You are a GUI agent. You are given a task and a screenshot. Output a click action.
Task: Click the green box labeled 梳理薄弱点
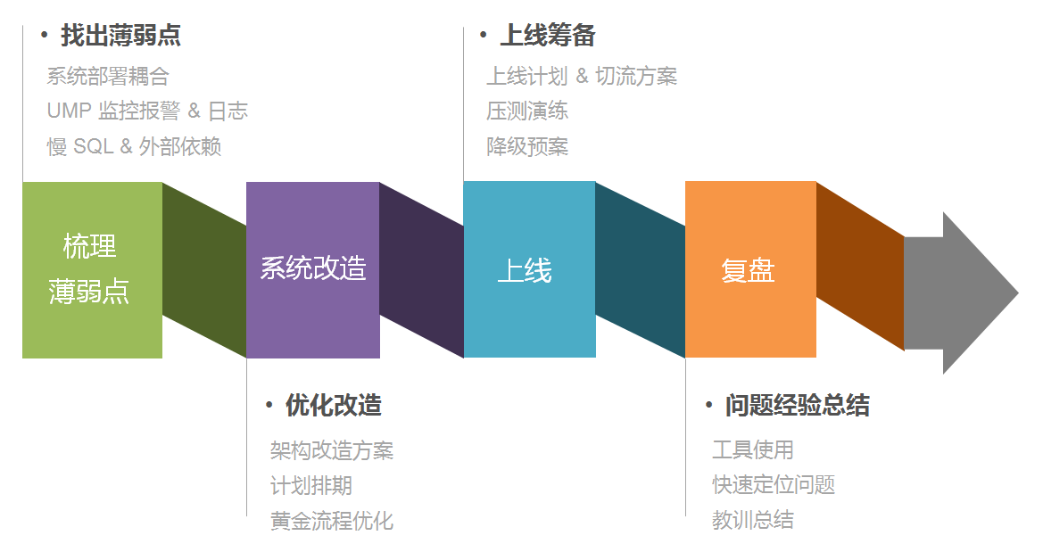click(92, 269)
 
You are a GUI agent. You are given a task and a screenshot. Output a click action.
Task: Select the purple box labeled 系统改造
click(312, 269)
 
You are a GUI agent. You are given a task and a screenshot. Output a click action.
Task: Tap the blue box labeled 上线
click(529, 269)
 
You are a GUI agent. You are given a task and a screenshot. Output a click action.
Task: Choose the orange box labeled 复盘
click(750, 269)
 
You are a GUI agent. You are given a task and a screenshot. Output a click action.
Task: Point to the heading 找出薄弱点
click(120, 36)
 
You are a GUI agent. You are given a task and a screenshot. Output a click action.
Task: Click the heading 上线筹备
click(547, 36)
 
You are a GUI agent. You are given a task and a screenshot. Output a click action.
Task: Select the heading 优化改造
click(334, 406)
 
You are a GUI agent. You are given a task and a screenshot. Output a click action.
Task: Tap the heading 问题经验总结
click(797, 406)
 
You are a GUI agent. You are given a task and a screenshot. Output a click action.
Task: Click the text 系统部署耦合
click(108, 77)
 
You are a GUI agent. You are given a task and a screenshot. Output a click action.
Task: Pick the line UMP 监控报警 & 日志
click(147, 111)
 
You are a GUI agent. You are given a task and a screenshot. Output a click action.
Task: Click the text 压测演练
click(527, 111)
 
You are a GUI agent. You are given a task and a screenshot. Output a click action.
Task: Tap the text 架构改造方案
click(332, 451)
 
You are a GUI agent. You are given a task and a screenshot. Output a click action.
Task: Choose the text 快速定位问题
click(774, 485)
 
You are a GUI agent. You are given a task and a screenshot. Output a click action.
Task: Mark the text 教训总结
click(753, 521)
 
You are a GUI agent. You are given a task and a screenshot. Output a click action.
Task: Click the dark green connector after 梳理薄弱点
click(204, 269)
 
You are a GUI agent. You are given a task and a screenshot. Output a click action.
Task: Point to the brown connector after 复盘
click(860, 268)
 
